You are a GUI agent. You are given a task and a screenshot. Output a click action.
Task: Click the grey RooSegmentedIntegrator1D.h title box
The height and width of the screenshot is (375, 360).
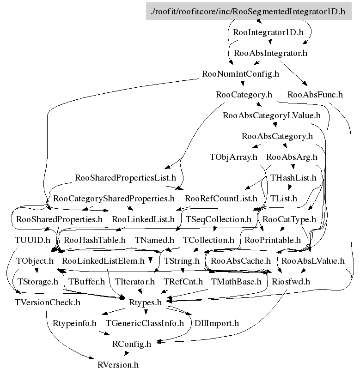(x=248, y=11)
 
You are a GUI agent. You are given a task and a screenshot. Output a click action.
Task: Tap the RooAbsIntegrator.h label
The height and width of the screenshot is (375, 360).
(x=271, y=53)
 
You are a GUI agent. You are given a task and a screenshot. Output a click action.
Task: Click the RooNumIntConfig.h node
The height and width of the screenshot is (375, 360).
(x=241, y=74)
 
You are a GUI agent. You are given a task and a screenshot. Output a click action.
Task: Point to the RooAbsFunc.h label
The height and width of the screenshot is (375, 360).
(x=315, y=95)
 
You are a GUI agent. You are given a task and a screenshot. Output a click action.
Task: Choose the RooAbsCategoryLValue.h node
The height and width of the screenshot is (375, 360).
(x=272, y=115)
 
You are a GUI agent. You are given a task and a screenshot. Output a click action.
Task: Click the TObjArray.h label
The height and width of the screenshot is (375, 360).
(x=233, y=157)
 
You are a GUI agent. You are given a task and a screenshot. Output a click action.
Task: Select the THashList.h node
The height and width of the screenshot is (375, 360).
(x=293, y=178)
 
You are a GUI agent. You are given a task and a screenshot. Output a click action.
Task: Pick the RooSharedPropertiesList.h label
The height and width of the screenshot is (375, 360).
(x=126, y=178)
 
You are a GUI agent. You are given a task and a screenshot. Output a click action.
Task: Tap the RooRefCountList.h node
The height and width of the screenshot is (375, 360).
(x=221, y=199)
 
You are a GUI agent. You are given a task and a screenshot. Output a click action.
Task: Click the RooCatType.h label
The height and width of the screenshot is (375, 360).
(x=289, y=219)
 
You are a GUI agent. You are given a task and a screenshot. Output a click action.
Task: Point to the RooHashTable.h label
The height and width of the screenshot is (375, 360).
(x=95, y=240)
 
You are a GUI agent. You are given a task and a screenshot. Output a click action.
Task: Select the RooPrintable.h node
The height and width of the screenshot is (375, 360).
(x=273, y=240)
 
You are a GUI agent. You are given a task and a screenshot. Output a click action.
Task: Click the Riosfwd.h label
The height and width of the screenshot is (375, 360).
(x=291, y=281)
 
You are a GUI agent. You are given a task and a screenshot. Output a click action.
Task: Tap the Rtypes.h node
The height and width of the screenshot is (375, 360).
(x=145, y=302)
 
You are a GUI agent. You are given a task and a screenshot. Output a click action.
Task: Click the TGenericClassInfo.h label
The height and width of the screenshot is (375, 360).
(x=145, y=323)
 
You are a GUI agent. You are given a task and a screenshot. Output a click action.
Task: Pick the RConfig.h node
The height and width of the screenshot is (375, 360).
(x=132, y=344)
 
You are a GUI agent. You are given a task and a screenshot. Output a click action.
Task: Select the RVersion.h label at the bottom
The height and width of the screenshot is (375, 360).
(x=118, y=365)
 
